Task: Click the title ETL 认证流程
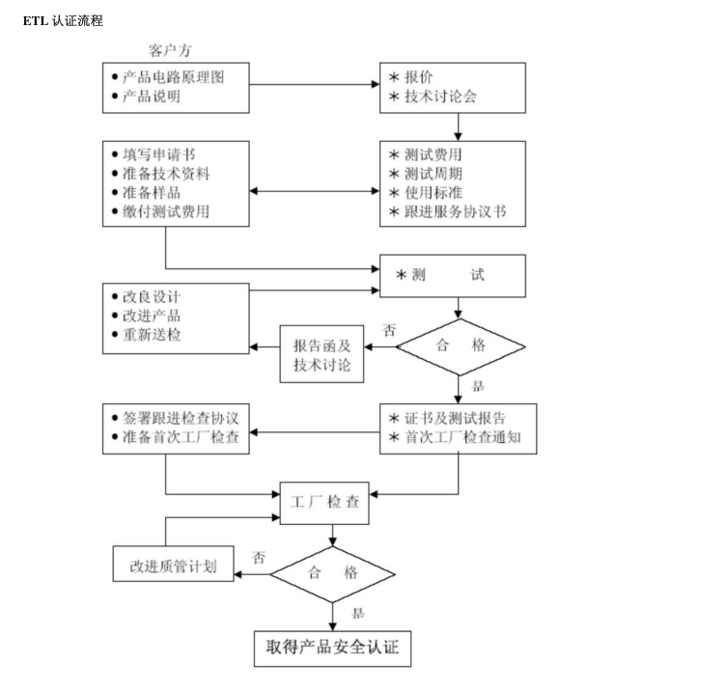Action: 63,20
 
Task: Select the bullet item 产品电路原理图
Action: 173,76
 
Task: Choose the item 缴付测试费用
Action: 166,211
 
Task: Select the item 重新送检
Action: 152,335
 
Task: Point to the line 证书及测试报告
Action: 455,418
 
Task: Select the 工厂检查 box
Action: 330,502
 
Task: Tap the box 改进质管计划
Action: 174,567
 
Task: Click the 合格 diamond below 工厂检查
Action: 332,573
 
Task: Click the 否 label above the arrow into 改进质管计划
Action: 259,557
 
